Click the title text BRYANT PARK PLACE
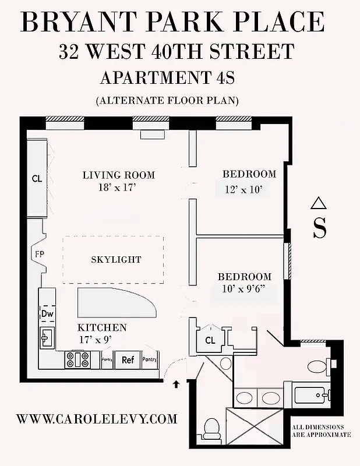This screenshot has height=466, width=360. coord(172,22)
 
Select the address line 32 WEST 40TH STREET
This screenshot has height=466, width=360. coord(176,52)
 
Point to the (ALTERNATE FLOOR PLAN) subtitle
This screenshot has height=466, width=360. coord(167,100)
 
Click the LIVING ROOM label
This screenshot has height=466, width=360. coord(119,175)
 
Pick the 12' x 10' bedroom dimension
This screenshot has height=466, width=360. coord(243,189)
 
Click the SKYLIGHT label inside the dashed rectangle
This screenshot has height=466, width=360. coord(116,259)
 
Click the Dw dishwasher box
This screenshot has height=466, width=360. coord(47,313)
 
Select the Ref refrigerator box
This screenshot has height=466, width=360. coord(128,360)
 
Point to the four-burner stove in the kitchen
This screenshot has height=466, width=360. coord(77,359)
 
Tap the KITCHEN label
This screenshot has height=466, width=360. coord(102,328)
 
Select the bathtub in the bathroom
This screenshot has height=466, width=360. coord(313,397)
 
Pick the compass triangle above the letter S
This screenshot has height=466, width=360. coord(317,203)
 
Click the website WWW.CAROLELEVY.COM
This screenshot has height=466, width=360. coord(97,419)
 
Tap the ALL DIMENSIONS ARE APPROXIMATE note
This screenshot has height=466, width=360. coord(322,430)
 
